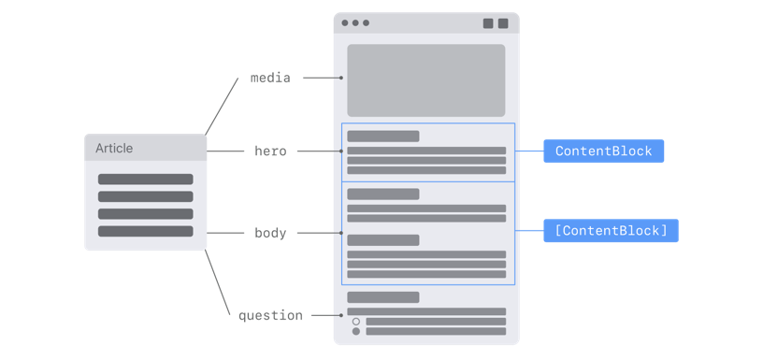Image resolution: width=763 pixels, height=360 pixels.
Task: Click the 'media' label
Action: coord(270,79)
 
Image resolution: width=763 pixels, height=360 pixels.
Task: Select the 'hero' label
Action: coord(270,151)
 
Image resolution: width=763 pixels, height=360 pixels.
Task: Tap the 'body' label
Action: coord(270,233)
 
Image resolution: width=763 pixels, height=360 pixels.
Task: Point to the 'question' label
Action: coord(270,316)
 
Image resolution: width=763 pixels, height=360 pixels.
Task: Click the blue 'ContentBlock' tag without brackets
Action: coord(603,151)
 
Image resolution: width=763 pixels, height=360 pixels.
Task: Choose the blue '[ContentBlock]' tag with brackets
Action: coord(611,231)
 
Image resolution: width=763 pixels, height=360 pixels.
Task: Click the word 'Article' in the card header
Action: coord(114,148)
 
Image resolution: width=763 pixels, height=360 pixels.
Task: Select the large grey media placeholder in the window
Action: coord(425,80)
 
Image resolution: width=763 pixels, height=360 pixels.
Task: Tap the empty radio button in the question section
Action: coord(356,322)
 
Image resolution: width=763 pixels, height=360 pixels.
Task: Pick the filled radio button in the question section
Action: coord(356,331)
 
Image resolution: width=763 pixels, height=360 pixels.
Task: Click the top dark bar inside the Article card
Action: coord(145,180)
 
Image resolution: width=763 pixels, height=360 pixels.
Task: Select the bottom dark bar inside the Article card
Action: coord(145,231)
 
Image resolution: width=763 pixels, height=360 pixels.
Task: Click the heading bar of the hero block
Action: coord(382,137)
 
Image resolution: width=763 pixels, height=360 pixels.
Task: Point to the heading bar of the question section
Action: coord(382,297)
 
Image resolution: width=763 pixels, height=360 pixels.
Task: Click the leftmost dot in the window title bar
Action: coord(345,23)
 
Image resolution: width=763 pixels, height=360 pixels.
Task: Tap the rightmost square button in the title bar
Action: coord(503,23)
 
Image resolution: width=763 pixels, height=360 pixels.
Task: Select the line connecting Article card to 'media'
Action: coord(222,106)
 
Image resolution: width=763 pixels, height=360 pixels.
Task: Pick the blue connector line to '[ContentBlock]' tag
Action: coord(529,231)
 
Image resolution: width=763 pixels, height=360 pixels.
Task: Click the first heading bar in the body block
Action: coord(382,194)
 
